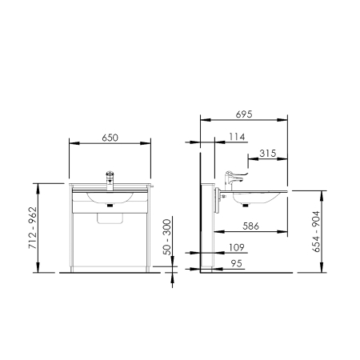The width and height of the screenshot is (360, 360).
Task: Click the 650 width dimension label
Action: (x=110, y=138)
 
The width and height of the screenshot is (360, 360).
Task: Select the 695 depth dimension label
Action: (x=244, y=114)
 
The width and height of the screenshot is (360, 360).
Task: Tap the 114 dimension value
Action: (x=237, y=137)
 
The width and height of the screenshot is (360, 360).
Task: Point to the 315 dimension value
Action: (x=268, y=154)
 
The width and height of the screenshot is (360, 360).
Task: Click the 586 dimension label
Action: (x=250, y=226)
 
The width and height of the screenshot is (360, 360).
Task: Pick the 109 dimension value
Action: (x=237, y=247)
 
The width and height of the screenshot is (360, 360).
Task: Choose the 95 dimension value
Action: (x=237, y=264)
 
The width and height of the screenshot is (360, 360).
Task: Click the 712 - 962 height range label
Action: (x=33, y=228)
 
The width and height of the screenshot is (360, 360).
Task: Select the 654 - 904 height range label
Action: (x=316, y=231)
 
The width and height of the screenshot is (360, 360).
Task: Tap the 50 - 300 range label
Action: (x=167, y=237)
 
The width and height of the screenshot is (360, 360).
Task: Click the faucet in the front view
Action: (x=110, y=181)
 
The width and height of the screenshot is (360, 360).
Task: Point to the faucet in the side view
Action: (x=234, y=180)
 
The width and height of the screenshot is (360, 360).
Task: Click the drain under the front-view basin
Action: (x=110, y=205)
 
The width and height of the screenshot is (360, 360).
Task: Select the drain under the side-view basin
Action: (x=246, y=205)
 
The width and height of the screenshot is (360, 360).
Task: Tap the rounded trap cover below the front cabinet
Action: (x=110, y=218)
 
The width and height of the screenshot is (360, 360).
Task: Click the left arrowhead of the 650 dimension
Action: (x=74, y=143)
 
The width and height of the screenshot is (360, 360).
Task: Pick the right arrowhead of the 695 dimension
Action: (x=282, y=120)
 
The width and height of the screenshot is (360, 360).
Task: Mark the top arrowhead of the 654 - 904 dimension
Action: (x=322, y=196)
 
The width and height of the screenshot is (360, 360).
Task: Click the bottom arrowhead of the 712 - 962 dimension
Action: (x=38, y=267)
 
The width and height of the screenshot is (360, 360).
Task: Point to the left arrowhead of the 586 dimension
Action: (x=219, y=232)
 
